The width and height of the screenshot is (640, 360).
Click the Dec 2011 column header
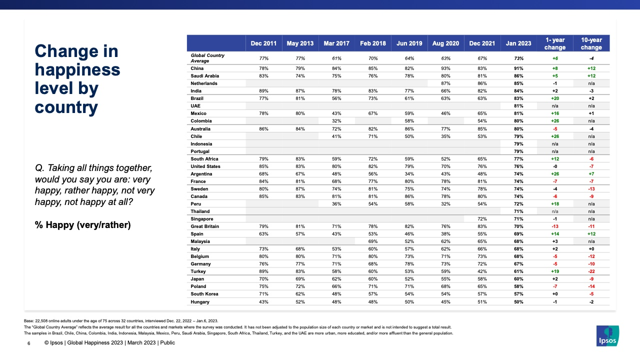pyautogui.click(x=263, y=43)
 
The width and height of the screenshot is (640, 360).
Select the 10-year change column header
pyautogui.click(x=591, y=43)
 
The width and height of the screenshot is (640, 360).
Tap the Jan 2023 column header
pyautogui.click(x=518, y=43)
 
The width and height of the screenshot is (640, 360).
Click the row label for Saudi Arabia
pyautogui.click(x=204, y=76)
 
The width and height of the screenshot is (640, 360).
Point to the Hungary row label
pyautogui.click(x=200, y=302)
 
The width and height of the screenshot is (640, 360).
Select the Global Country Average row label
pyautogui.click(x=207, y=58)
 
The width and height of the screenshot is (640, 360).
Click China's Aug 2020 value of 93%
pyautogui.click(x=445, y=68)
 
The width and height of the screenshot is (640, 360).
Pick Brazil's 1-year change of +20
pyautogui.click(x=555, y=98)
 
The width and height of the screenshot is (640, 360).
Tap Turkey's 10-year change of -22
pyautogui.click(x=591, y=271)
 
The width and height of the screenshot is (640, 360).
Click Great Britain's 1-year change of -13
pyautogui.click(x=555, y=226)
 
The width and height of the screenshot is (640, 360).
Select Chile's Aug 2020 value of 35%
pyautogui.click(x=445, y=136)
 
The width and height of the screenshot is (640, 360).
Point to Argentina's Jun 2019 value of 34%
pyautogui.click(x=409, y=174)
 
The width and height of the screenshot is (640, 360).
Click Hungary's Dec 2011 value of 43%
pyautogui.click(x=263, y=302)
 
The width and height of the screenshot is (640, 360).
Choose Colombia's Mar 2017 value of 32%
pyautogui.click(x=336, y=121)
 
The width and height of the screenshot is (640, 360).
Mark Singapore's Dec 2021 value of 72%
pyautogui.click(x=482, y=219)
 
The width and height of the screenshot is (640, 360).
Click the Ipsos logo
pyautogui.click(x=607, y=336)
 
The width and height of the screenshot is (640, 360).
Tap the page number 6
pyautogui.click(x=28, y=343)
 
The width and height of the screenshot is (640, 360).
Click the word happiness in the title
pyautogui.click(x=77, y=70)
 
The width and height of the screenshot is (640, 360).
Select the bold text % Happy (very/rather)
pyautogui.click(x=82, y=225)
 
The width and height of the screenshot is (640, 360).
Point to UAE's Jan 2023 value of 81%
pyautogui.click(x=518, y=106)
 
